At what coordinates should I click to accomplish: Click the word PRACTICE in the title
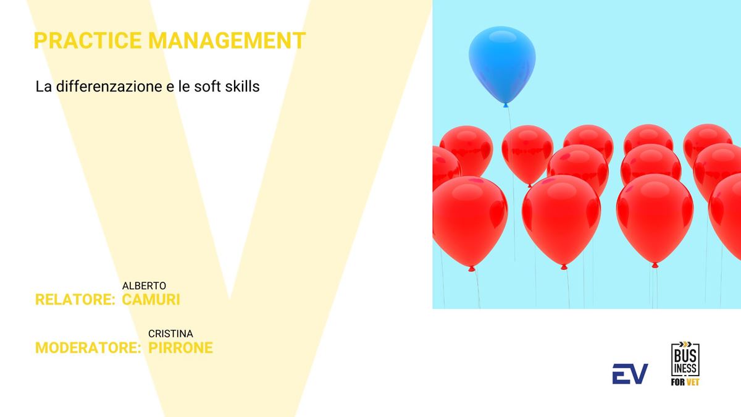pyautogui.click(x=88, y=40)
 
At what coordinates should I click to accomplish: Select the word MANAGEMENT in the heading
pyautogui.click(x=227, y=40)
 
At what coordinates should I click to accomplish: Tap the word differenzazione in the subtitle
pyautogui.click(x=109, y=86)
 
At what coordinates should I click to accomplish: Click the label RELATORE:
pyautogui.click(x=75, y=300)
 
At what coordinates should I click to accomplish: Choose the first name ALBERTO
pyautogui.click(x=144, y=285)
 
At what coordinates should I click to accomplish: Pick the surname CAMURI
pyautogui.click(x=151, y=300)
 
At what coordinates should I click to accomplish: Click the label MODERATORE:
pyautogui.click(x=88, y=347)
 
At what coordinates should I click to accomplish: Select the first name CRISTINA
pyautogui.click(x=170, y=334)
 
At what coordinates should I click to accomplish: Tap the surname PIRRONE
pyautogui.click(x=180, y=347)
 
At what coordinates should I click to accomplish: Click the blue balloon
pyautogui.click(x=502, y=64)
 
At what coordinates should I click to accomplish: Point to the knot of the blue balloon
pyautogui.click(x=506, y=105)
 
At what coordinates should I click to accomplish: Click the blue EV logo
pyautogui.click(x=630, y=374)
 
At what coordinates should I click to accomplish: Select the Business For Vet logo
pyautogui.click(x=685, y=364)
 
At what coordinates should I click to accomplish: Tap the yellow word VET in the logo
pyautogui.click(x=693, y=382)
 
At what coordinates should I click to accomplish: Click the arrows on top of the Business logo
pyautogui.click(x=685, y=344)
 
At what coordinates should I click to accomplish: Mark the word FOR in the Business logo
pyautogui.click(x=678, y=382)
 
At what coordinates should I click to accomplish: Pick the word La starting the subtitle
pyautogui.click(x=43, y=86)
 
